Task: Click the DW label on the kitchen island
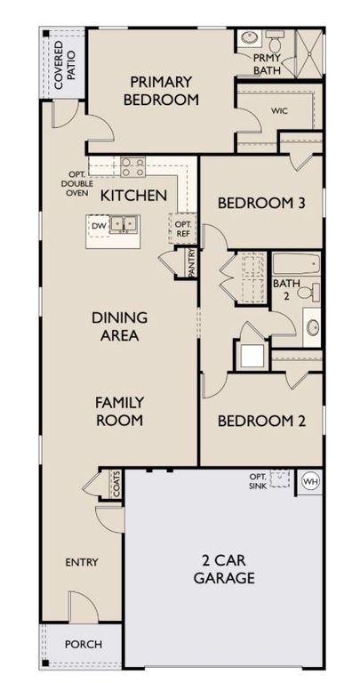point(98,225)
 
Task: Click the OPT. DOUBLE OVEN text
point(76,184)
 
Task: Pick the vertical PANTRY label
point(193,264)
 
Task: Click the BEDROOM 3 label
point(261,204)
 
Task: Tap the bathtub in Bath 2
point(295,264)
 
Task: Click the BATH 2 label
point(286,290)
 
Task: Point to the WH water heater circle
point(310,481)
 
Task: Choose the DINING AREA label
point(119,326)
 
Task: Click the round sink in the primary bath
point(247,40)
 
